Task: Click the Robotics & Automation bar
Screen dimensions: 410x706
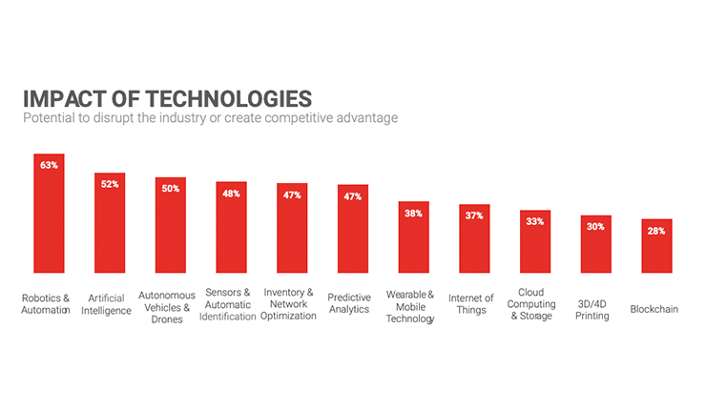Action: pyautogui.click(x=49, y=215)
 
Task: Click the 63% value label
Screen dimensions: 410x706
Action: pyautogui.click(x=49, y=165)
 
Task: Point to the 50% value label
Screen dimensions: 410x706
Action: pyautogui.click(x=171, y=188)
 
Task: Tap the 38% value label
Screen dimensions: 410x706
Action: pyautogui.click(x=413, y=213)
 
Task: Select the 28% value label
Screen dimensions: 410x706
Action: pyautogui.click(x=656, y=231)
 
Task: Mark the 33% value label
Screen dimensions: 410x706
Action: pyautogui.click(x=535, y=221)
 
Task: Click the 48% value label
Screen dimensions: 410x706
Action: pyautogui.click(x=231, y=193)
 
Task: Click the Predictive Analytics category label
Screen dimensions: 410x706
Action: pyautogui.click(x=349, y=303)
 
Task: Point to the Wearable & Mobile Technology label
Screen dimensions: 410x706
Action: pyautogui.click(x=410, y=307)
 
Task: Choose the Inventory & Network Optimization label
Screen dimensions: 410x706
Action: pyautogui.click(x=288, y=303)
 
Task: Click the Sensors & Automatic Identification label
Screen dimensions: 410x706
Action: pyautogui.click(x=228, y=304)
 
